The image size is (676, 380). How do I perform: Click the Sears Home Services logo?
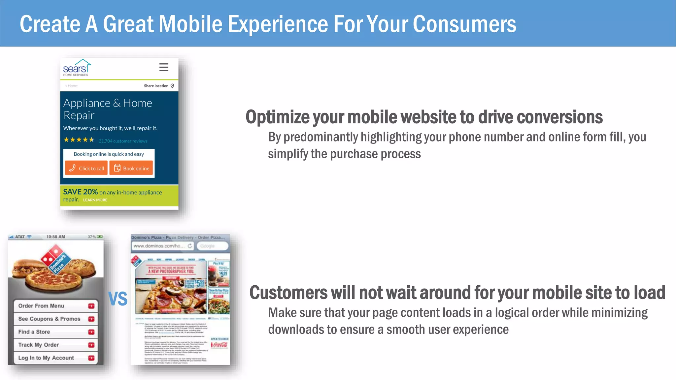77,68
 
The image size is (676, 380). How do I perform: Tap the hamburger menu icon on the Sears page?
164,67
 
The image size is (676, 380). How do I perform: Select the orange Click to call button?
86,168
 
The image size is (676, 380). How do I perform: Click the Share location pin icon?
172,86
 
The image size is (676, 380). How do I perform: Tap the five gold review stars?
79,140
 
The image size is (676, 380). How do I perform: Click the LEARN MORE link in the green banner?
95,200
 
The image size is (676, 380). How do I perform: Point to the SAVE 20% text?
81,192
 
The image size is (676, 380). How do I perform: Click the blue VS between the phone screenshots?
118,299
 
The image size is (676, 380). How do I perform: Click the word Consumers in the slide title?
464,24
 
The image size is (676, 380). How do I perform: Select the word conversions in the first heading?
559,117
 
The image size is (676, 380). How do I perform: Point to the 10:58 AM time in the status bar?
55,237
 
